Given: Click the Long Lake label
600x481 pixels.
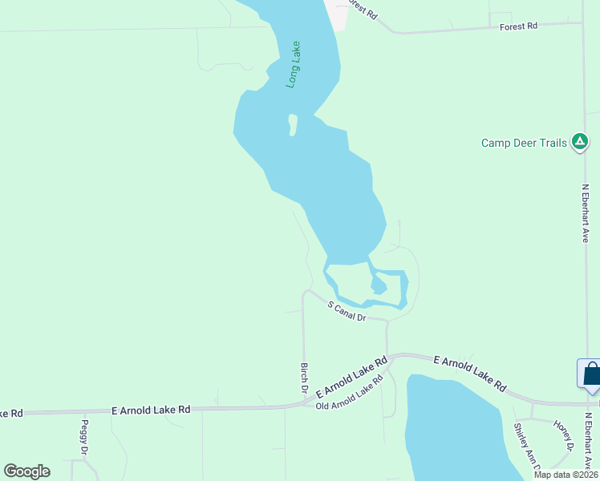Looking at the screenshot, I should pos(294,64).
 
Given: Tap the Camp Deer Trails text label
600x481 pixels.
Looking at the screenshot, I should pos(524,143).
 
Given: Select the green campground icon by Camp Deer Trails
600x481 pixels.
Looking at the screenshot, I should pos(579,143).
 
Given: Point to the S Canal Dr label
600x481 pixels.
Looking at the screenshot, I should pos(347,311).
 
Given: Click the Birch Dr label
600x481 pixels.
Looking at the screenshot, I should pos(305,377).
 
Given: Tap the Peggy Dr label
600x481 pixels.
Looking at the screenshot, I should pos(83,437).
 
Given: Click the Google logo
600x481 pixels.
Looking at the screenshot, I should pos(26,471).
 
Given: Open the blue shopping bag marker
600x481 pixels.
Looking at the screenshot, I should pos(591,374).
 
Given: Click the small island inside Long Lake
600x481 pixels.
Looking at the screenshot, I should pos(293,125).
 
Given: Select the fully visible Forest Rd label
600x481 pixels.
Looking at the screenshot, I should pos(518,26).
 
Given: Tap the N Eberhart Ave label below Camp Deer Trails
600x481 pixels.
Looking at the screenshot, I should pos(586,213).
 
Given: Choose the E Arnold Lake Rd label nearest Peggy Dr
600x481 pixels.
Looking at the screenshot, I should pos(151,409).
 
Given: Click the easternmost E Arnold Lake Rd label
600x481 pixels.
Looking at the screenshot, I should pos(470,374).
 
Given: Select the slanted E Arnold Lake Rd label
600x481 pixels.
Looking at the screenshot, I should pos(352,378).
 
